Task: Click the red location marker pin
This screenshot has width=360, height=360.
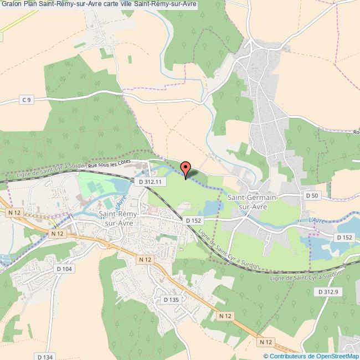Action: tap(186, 169)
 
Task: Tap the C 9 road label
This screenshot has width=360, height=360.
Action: tap(27, 99)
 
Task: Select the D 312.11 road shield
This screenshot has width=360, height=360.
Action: tap(150, 182)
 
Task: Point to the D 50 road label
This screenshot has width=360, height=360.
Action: tap(312, 196)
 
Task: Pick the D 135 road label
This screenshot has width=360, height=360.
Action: tap(171, 300)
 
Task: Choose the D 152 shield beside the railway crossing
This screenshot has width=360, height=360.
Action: tap(193, 220)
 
